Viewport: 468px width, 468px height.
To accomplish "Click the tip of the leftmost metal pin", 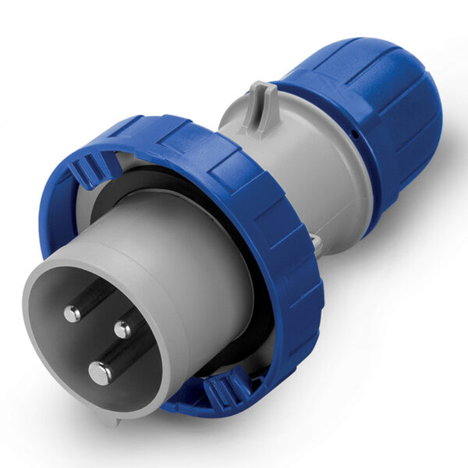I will tap(73, 314).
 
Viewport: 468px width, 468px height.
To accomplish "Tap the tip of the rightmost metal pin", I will tap(122, 329).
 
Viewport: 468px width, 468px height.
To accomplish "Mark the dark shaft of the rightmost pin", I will tap(136, 316).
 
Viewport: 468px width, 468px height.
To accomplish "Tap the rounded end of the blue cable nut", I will tap(425, 117).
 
